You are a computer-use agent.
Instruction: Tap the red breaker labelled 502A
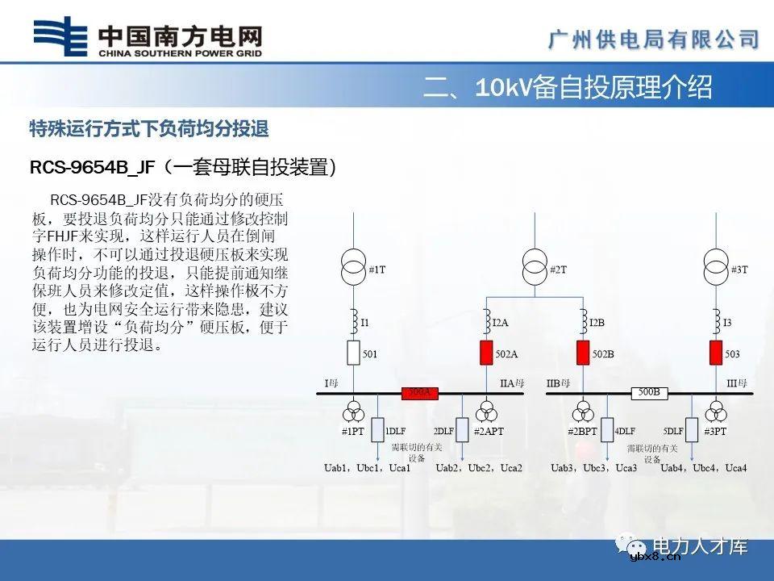pyautogui.click(x=486, y=353)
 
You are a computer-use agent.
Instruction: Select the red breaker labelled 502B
pyautogui.click(x=583, y=353)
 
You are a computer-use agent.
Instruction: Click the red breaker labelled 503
pyautogui.click(x=715, y=353)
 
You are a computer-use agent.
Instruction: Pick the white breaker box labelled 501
pyautogui.click(x=352, y=353)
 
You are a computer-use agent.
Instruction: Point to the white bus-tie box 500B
pyautogui.click(x=650, y=393)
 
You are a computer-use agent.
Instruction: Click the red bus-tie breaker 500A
pyautogui.click(x=420, y=393)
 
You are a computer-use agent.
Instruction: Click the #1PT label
pyautogui.click(x=353, y=432)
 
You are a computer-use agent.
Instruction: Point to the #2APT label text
pyautogui.click(x=488, y=432)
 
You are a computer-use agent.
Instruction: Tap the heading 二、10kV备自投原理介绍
pyautogui.click(x=568, y=87)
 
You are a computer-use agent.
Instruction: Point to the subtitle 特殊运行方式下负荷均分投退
pyautogui.click(x=148, y=129)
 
